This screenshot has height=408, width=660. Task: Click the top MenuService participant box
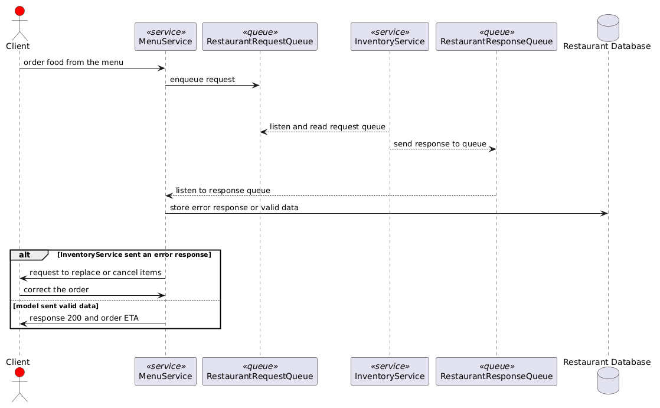coord(165,37)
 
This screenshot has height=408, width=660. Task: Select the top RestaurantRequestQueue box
coord(260,37)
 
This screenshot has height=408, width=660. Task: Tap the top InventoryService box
coord(390,37)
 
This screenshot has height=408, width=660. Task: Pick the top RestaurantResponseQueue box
coord(496,37)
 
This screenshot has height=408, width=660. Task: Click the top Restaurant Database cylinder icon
coord(608,28)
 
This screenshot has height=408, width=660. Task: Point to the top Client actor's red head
coord(19,11)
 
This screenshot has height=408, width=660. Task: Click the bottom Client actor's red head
coord(19,372)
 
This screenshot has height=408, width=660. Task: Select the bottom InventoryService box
coord(390,371)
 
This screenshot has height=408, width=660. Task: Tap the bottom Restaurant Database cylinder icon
coord(608,381)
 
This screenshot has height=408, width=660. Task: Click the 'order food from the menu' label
coord(73,63)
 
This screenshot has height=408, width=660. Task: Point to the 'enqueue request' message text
coord(202,80)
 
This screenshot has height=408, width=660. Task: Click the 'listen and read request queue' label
coord(328,127)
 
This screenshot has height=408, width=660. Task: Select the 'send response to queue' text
coord(440,144)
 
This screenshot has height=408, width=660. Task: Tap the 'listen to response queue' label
coord(223,191)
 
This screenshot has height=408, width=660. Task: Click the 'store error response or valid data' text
coord(234,208)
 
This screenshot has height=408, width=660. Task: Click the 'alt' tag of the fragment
coord(24,254)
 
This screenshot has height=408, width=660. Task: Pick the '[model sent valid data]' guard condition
coord(55,306)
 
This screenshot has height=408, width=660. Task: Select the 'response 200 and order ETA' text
coord(84,318)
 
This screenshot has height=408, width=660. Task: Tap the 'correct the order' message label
coord(56,290)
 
